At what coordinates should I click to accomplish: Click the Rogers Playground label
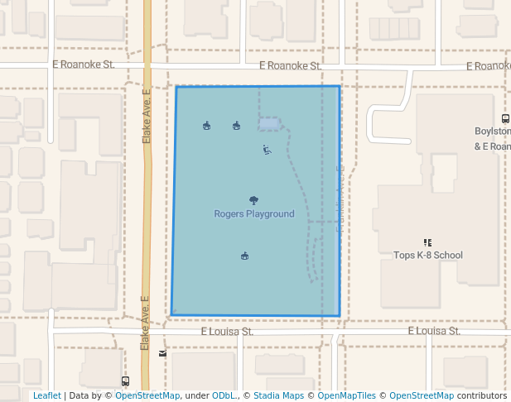click(x=253, y=213)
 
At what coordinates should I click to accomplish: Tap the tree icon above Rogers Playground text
click(x=253, y=200)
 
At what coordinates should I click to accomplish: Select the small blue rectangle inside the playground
click(x=268, y=124)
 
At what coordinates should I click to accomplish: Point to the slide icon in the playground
click(x=267, y=150)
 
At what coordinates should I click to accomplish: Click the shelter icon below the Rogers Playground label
click(x=244, y=256)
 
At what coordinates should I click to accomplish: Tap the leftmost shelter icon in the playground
click(x=206, y=126)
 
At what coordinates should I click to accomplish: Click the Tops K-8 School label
click(x=427, y=255)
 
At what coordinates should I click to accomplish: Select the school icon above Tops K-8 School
click(x=427, y=242)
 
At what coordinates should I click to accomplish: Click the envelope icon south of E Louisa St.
click(x=162, y=353)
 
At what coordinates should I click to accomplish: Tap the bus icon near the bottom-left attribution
click(x=125, y=381)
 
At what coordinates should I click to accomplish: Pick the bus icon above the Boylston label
click(x=505, y=119)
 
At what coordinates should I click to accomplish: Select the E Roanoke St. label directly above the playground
click(x=289, y=65)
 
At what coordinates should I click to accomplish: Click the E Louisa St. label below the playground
click(x=226, y=331)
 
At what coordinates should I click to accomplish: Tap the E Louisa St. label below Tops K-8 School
click(x=433, y=331)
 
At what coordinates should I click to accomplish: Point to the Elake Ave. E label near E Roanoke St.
click(x=147, y=117)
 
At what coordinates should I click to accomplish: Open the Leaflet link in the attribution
click(x=46, y=395)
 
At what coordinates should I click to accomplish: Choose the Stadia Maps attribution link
click(x=278, y=395)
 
